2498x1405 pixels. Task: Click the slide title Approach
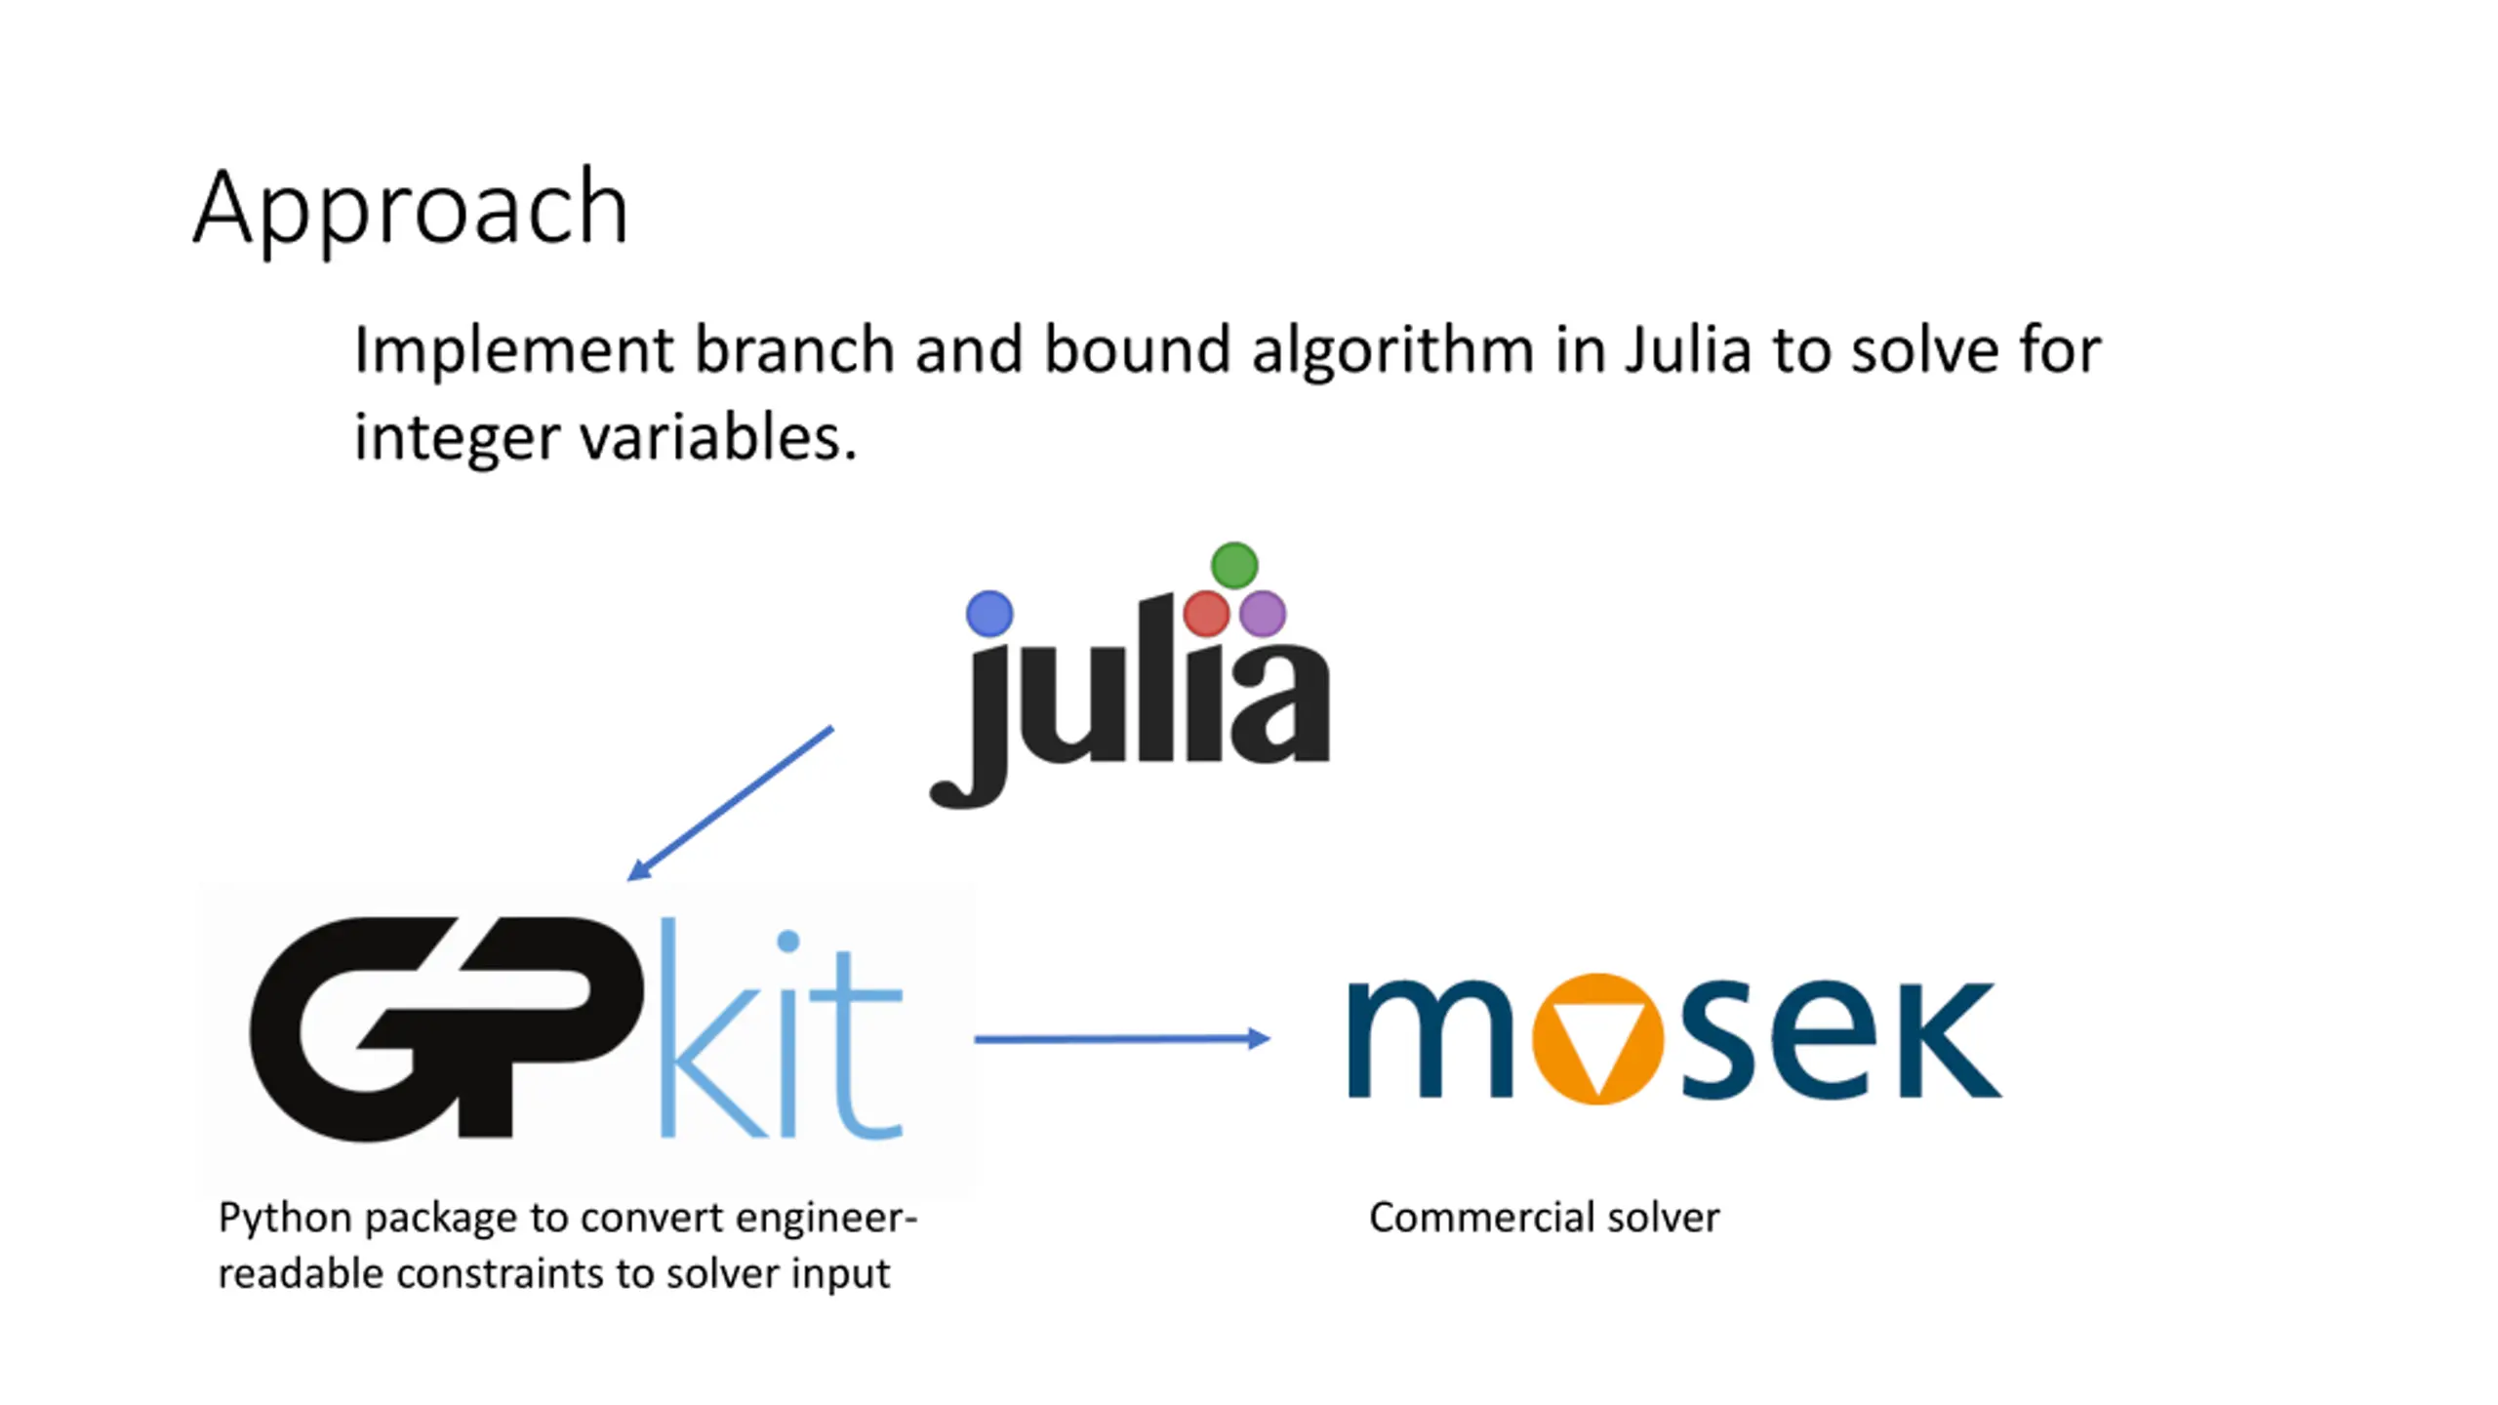[411, 208]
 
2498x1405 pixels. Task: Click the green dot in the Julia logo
[1234, 565]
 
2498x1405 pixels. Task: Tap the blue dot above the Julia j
[989, 614]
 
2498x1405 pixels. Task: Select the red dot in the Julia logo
[1206, 614]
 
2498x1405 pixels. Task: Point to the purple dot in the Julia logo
[1263, 614]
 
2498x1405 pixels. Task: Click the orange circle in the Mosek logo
[1597, 1038]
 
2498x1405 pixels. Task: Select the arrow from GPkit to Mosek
[1122, 1039]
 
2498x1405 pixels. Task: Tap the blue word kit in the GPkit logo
[781, 1034]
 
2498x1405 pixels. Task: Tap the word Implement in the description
[513, 351]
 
